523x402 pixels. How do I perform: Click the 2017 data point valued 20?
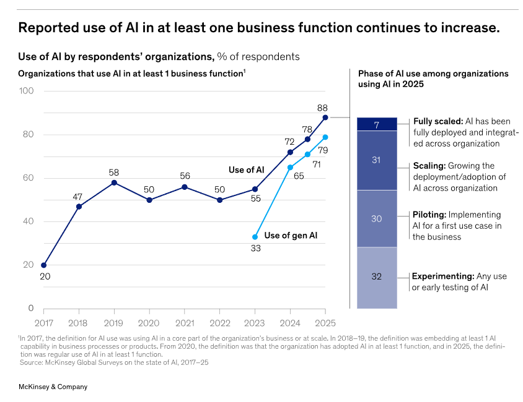[x=43, y=265]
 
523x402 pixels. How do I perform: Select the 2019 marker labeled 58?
[x=114, y=182]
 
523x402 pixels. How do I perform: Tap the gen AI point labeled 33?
[x=255, y=237]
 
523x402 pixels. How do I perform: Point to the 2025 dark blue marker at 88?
[x=325, y=117]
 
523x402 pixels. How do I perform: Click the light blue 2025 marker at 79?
[x=325, y=137]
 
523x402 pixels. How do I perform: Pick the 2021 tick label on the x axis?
[x=185, y=322]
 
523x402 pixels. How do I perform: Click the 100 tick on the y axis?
[x=27, y=91]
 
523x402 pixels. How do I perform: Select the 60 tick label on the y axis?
[x=29, y=178]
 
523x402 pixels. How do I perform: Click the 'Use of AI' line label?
[x=246, y=169]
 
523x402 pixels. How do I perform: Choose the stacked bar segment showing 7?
[x=377, y=124]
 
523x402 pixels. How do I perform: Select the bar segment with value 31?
[x=377, y=160]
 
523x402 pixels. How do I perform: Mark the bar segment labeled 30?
[x=377, y=218]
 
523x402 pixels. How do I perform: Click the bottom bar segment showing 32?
[x=377, y=276]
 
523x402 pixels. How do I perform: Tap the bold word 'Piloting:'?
[x=429, y=215]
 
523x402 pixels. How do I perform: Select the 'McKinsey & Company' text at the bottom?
[x=53, y=387]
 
